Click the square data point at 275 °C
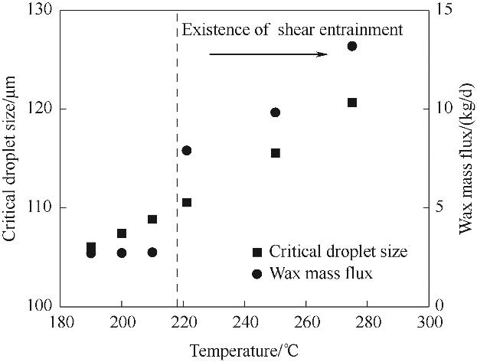(x=352, y=103)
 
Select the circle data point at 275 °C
(x=352, y=46)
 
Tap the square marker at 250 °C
(x=276, y=153)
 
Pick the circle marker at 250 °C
(x=276, y=113)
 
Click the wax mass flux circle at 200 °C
(x=122, y=253)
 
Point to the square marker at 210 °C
(x=152, y=220)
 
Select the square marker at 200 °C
(x=122, y=233)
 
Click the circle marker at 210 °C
(x=152, y=253)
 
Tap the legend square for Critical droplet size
(x=257, y=252)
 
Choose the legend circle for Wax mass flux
(x=257, y=273)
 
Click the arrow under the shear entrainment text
(x=268, y=54)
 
